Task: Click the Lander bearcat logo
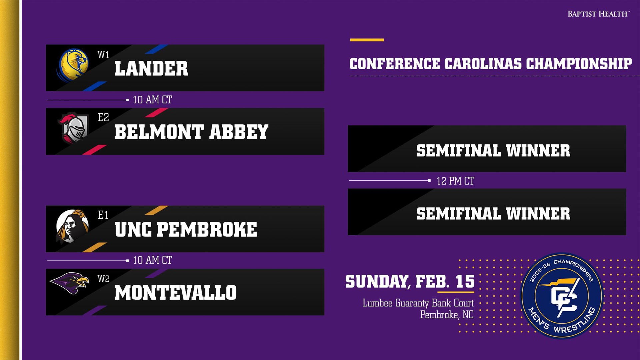point(73,65)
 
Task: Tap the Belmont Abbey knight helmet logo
point(74,128)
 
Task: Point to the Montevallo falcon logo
point(69,283)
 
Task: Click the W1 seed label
point(103,54)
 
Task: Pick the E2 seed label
point(103,117)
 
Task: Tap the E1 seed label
point(103,215)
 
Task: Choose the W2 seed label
point(103,279)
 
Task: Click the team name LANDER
point(151,69)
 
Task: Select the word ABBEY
point(239,132)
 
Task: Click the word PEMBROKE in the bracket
point(207,230)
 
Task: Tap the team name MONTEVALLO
point(176,293)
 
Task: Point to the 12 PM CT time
point(455,181)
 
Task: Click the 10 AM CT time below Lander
point(152,100)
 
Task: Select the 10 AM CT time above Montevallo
point(152,260)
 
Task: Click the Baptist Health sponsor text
point(599,14)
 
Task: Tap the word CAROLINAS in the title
point(483,64)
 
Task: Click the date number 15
point(465,282)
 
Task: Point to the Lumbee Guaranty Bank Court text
point(418,303)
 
